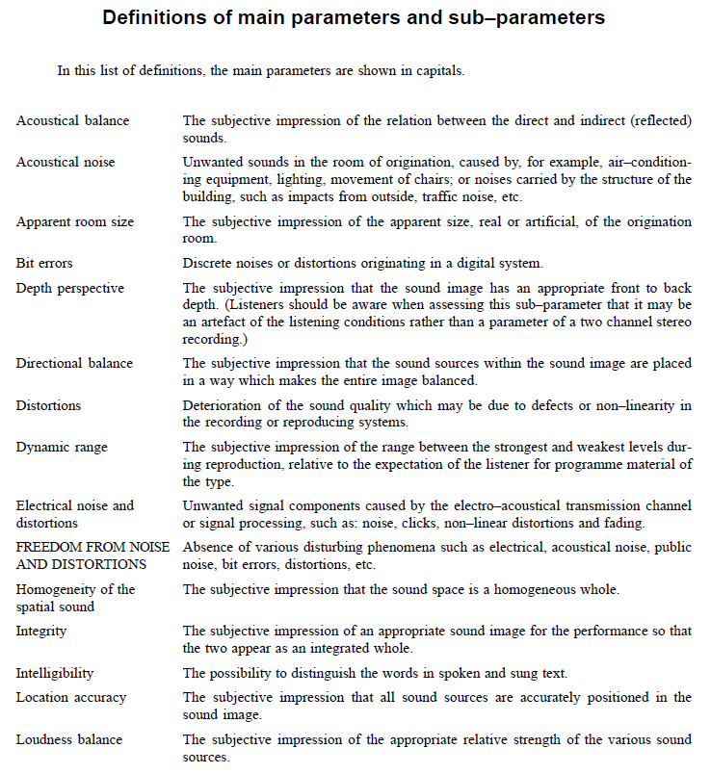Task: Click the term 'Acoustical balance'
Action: click(x=72, y=121)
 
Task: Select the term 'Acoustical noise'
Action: click(x=66, y=162)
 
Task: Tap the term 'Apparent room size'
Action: click(x=75, y=221)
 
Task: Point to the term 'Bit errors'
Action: click(x=44, y=262)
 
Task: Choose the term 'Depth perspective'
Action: click(x=70, y=287)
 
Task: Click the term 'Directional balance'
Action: click(x=74, y=363)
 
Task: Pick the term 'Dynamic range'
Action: click(x=62, y=447)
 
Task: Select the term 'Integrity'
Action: click(x=41, y=631)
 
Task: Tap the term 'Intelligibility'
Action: click(x=55, y=674)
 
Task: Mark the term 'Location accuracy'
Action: click(x=69, y=697)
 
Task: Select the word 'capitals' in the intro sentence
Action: click(x=442, y=70)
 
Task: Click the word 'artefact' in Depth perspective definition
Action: click(x=225, y=322)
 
